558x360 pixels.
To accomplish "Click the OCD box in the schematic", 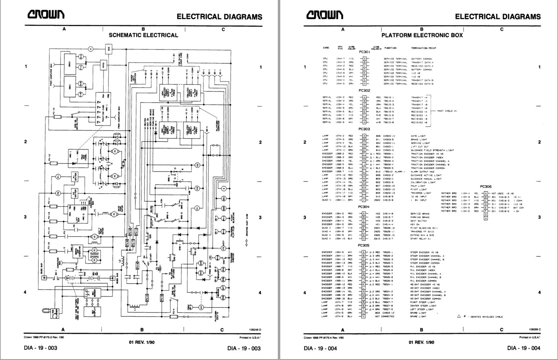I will click(109, 49).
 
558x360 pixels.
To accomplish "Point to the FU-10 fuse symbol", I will click(57, 117).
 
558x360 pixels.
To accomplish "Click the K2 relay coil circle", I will click(197, 165).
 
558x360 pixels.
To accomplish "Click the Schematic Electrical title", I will click(144, 35).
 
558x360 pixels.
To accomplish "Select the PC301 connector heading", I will click(364, 52).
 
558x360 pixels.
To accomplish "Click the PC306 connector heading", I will click(486, 187).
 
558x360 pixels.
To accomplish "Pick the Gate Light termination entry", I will click(418, 136).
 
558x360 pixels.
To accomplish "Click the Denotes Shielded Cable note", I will click(481, 316).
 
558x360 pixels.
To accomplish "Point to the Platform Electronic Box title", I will click(422, 35).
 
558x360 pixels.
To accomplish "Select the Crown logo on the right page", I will click(324, 15).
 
